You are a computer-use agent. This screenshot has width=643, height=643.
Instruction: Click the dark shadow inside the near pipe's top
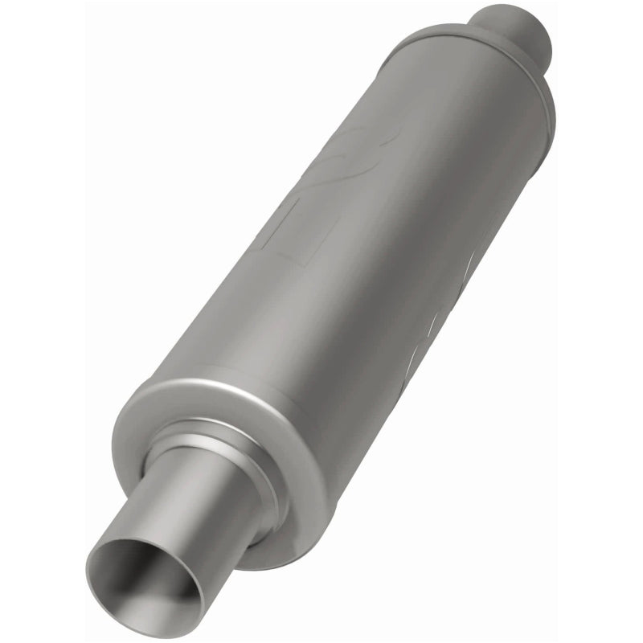(137, 555)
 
